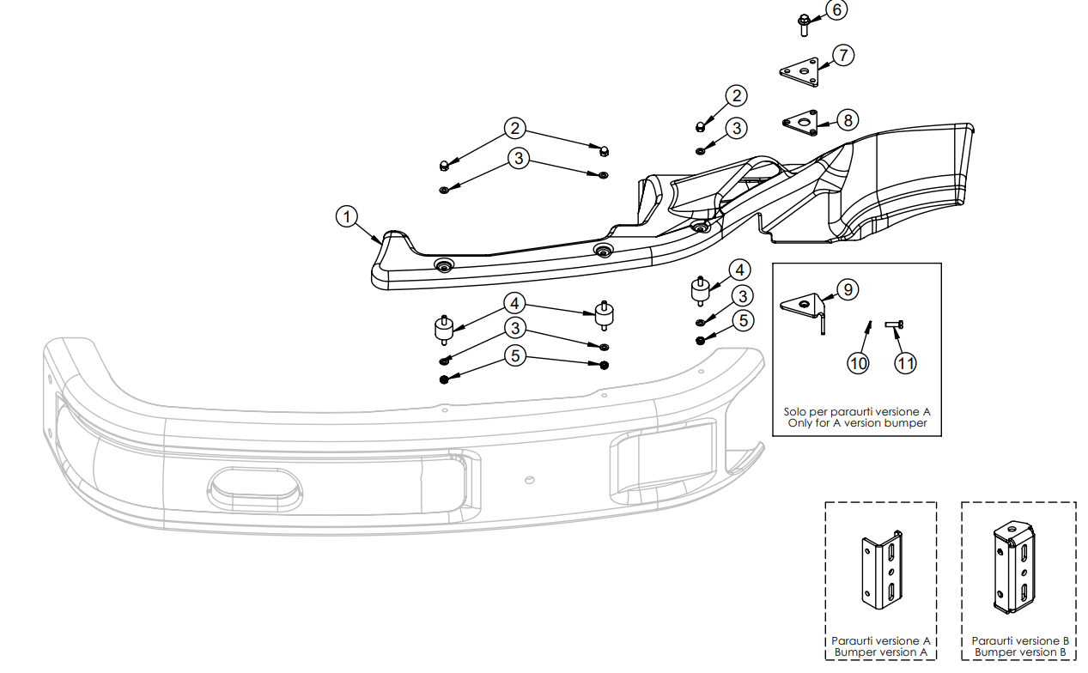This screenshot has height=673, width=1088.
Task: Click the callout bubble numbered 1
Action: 346,217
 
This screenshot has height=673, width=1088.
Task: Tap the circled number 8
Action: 848,120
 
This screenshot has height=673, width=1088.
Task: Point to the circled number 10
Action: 858,363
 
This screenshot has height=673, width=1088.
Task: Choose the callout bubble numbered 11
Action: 905,363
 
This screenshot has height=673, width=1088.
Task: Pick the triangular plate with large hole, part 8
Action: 801,123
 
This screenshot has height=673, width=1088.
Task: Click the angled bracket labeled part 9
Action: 805,308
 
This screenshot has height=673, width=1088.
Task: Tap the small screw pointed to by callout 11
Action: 896,324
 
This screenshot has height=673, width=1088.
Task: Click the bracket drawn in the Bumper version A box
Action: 882,573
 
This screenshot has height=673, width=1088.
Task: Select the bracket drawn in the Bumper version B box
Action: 1015,567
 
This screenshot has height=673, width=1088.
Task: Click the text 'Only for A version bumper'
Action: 857,423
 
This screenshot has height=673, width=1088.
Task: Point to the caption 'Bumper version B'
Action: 1019,652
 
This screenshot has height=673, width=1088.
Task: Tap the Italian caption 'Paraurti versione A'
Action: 881,640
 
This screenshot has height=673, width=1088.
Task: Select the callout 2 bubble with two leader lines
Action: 515,129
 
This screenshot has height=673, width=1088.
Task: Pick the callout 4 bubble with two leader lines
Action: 515,303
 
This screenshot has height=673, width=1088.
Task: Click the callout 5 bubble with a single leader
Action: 743,320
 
